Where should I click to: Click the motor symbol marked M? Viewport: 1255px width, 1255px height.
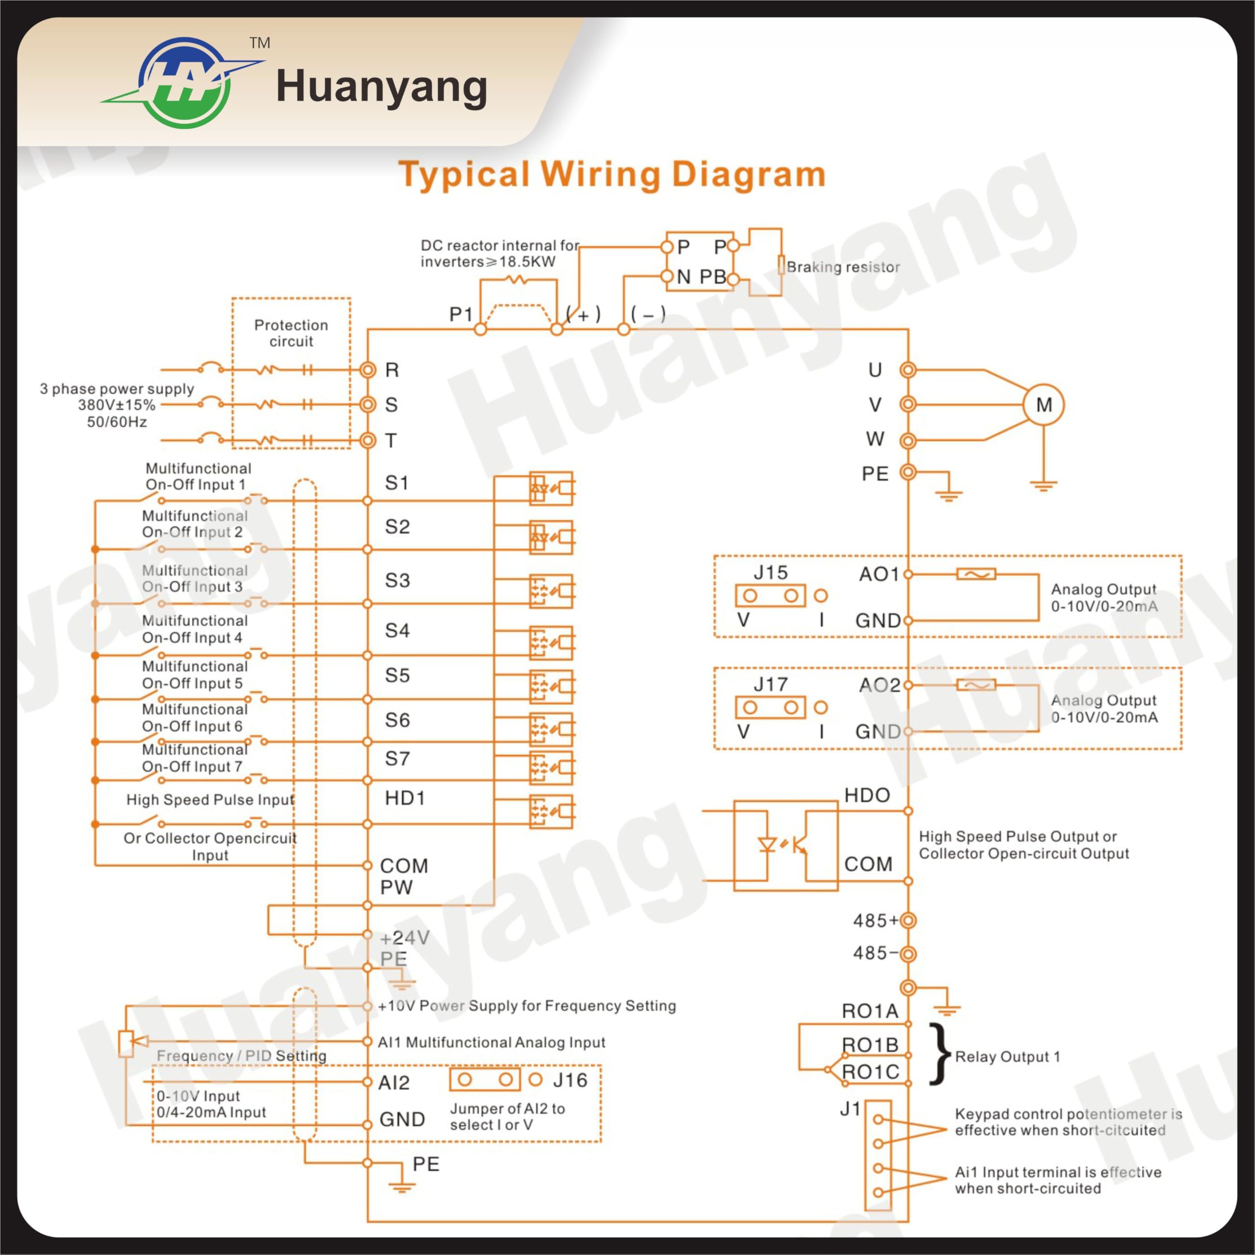coord(1043,405)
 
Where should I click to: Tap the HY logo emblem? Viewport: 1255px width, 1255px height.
coord(184,82)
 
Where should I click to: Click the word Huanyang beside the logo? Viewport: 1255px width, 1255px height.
coord(381,88)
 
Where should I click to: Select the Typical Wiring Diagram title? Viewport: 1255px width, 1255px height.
coord(612,175)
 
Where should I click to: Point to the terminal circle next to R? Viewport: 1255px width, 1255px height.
coord(368,370)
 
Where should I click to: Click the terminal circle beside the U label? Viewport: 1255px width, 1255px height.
coord(908,370)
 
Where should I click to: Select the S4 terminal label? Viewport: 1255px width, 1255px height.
coord(398,630)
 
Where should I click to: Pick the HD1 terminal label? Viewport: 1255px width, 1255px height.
coord(405,798)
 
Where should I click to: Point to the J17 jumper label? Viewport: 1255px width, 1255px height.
coord(771,684)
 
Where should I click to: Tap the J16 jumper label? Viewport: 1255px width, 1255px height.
coord(570,1079)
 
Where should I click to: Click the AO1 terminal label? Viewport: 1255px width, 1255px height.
coord(879,574)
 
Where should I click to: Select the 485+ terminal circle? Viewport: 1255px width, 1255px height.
coord(908,921)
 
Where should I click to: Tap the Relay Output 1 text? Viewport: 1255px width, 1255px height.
coord(1007,1057)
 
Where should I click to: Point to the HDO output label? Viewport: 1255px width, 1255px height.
coord(867,795)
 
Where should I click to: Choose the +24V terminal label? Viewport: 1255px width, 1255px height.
coord(405,937)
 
